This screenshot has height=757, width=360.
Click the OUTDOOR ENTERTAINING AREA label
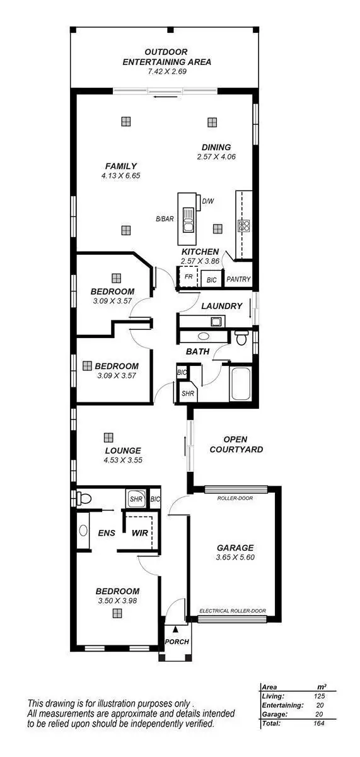(166, 57)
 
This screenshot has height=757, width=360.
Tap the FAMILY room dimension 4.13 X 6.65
(121, 175)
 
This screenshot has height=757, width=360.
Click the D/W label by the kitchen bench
(207, 201)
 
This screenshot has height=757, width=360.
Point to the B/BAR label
(165, 220)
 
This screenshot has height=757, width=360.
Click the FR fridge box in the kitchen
(188, 277)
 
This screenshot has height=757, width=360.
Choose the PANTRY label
(238, 279)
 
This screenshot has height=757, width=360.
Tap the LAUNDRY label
(222, 306)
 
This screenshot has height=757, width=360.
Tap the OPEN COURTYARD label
(236, 444)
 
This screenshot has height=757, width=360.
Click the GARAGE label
(235, 548)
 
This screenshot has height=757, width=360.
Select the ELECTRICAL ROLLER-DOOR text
(233, 611)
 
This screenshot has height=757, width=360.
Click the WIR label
(139, 532)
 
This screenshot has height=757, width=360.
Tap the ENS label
(106, 532)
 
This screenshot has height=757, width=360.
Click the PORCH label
(176, 642)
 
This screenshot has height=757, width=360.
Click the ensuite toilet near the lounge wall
(84, 499)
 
